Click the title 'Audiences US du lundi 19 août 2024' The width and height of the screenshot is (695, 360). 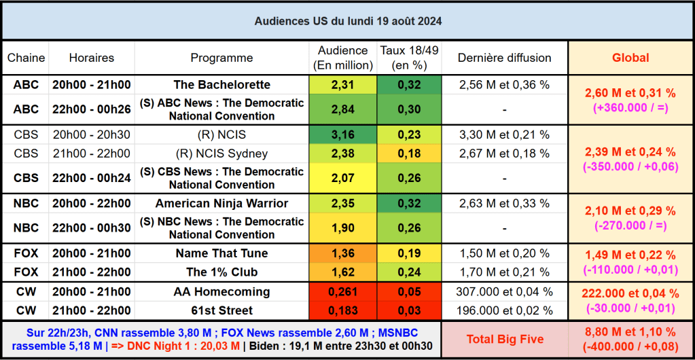click(348, 21)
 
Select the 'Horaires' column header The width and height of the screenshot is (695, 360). click(92, 58)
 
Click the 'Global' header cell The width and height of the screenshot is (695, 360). click(630, 58)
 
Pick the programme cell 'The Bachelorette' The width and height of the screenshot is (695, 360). click(222, 85)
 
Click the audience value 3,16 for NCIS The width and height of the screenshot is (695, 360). click(343, 134)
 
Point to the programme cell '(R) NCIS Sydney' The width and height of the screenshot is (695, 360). click(222, 154)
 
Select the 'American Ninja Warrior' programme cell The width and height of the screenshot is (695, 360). click(222, 203)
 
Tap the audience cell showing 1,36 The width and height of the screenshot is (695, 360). click(343, 253)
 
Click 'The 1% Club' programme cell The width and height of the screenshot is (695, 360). click(222, 272)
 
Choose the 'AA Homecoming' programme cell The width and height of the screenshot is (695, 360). click(222, 291)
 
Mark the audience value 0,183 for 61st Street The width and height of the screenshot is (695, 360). click(343, 310)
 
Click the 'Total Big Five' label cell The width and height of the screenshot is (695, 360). click(505, 339)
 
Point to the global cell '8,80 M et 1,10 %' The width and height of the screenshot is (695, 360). click(630, 333)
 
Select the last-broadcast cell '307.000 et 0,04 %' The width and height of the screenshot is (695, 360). click(504, 291)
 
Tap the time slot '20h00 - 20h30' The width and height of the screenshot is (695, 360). click(92, 134)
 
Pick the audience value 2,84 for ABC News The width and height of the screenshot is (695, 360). click(343, 109)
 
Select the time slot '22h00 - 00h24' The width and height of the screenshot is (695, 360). click(92, 178)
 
